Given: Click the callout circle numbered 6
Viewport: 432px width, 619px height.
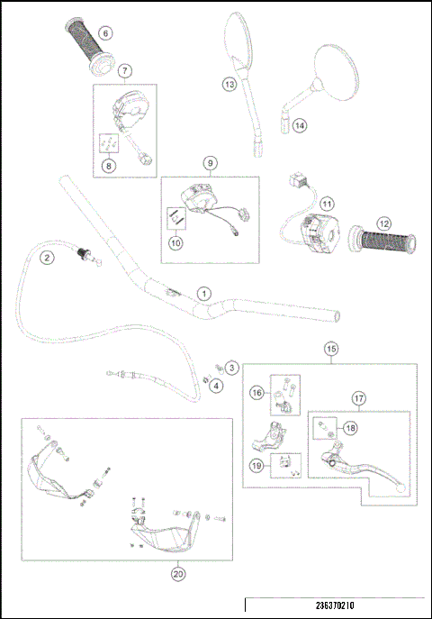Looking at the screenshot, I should tap(105, 33).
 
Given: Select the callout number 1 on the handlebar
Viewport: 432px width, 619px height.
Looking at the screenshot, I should tap(204, 294).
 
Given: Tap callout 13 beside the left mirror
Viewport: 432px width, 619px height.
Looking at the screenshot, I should tap(229, 84).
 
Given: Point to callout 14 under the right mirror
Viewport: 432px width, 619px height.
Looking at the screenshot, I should tap(299, 126).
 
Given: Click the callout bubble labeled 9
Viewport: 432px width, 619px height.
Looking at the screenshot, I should tap(210, 163).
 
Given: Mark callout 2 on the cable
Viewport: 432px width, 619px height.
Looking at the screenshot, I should tap(45, 258).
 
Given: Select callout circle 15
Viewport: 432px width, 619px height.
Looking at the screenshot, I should tap(331, 348).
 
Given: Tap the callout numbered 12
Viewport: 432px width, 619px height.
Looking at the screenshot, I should tap(383, 223).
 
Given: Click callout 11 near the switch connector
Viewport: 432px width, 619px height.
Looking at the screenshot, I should tap(327, 205).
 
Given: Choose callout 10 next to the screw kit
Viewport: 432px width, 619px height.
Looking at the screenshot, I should tap(176, 241).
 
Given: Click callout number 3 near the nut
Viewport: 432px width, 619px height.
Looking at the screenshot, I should tap(231, 368).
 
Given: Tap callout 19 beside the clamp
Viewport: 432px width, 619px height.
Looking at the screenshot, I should tap(256, 466).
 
